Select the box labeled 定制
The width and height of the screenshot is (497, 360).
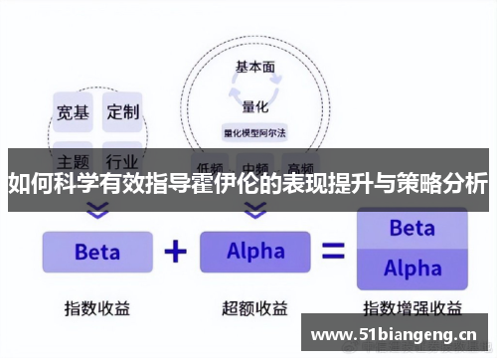coord(123,111)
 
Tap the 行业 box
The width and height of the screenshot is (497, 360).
coord(123,159)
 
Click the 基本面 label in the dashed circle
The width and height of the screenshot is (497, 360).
coord(255,68)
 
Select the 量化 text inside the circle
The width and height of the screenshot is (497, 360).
coord(255,104)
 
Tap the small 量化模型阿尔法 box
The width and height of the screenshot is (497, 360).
coord(255,130)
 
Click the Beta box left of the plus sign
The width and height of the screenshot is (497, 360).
coord(96,252)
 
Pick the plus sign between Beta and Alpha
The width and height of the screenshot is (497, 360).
coord(175,251)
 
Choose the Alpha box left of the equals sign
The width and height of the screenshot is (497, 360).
coord(255,252)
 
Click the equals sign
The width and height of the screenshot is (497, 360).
coord(334,252)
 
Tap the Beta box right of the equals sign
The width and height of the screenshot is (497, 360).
coord(412,229)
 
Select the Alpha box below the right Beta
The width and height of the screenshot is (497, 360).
coord(412,269)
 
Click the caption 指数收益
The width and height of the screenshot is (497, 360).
coord(96,307)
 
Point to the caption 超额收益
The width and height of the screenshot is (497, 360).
coord(255,307)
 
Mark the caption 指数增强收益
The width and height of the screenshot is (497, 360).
coord(412,307)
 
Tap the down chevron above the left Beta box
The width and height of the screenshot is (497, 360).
coord(96,210)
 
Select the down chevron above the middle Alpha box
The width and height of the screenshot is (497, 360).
coord(255,210)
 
